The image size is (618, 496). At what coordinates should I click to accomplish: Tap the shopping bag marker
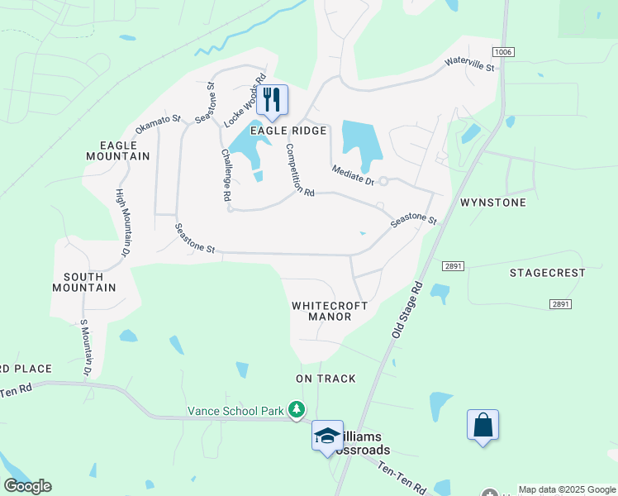[483, 426]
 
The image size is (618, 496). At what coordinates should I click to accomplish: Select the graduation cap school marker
[327, 436]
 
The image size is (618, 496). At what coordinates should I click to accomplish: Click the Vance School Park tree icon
[296, 409]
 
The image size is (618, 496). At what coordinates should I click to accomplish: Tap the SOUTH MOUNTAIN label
[84, 282]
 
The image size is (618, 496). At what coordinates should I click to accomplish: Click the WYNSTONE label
[493, 203]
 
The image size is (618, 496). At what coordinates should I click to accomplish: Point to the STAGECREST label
[547, 273]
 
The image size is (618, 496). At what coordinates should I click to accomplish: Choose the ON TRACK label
[326, 379]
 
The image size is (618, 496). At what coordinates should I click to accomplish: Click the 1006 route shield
[506, 52]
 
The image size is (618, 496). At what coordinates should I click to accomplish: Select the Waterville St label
[468, 64]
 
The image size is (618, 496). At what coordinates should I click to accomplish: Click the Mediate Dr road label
[353, 175]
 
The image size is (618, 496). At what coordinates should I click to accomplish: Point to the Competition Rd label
[299, 170]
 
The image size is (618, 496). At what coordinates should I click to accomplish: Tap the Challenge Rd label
[225, 175]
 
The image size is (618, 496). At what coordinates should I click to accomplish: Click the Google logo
[27, 486]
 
